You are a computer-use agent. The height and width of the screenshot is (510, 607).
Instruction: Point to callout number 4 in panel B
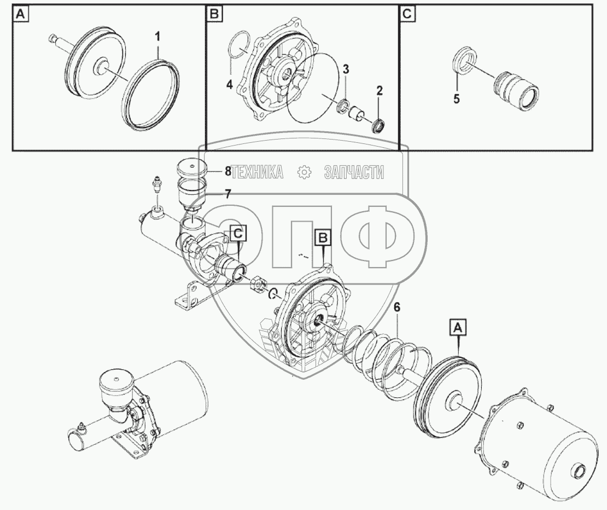tap(230, 85)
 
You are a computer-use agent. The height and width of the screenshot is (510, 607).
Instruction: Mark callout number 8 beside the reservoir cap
tap(227, 170)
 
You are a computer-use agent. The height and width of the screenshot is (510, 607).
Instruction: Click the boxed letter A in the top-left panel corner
tap(20, 15)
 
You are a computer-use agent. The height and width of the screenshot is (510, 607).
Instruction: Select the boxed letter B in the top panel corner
tap(213, 15)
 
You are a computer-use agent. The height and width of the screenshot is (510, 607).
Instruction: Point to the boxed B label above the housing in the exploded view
tap(324, 237)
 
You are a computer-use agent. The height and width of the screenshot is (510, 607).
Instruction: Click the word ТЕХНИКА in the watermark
tap(257, 172)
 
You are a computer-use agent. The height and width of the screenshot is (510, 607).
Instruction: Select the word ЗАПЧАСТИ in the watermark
tap(354, 172)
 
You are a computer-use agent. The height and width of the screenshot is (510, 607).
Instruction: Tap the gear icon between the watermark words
tap(303, 172)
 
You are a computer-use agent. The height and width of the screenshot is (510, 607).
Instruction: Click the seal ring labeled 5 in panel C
tap(463, 61)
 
